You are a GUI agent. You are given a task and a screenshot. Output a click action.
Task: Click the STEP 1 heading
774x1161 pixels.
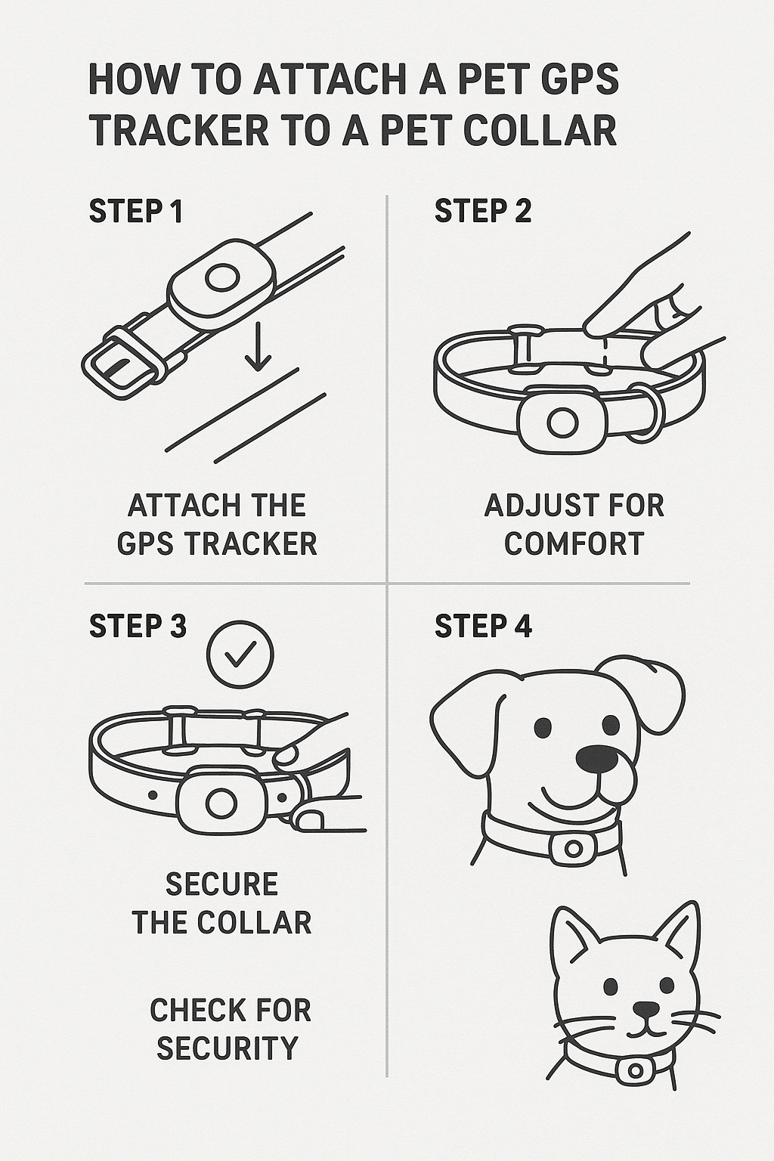tap(136, 212)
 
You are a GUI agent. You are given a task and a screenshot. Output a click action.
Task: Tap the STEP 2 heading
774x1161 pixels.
tap(482, 212)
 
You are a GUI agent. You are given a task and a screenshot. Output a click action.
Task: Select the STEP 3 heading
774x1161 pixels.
tap(138, 627)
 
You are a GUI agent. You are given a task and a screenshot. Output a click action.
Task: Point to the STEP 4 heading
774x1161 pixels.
tap(483, 627)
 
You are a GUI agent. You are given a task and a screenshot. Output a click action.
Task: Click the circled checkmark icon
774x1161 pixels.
tap(240, 655)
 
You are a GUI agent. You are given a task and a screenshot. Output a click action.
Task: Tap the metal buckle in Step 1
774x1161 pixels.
tap(121, 363)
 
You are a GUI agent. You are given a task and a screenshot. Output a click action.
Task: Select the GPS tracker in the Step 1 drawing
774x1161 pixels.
tap(221, 279)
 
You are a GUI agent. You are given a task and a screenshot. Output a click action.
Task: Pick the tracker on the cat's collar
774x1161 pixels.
tap(635, 1070)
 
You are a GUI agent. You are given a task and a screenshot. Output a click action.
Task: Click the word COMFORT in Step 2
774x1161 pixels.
tap(574, 543)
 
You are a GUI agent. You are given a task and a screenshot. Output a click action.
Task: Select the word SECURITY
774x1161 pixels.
tap(227, 1048)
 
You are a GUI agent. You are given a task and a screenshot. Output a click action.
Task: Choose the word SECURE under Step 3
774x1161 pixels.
tap(221, 884)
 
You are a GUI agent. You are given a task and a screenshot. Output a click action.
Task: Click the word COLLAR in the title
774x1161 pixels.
tap(540, 131)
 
